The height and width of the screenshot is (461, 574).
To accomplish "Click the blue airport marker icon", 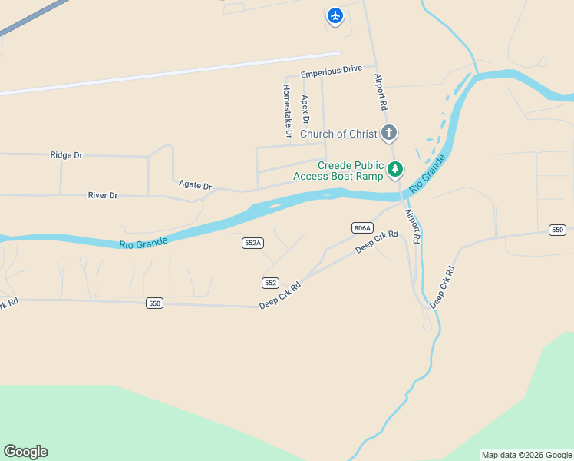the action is (335, 15).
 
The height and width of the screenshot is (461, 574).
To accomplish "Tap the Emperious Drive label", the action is (332, 70).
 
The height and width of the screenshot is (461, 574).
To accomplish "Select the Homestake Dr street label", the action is (287, 111).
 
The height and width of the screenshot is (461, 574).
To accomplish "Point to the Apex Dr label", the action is (305, 110).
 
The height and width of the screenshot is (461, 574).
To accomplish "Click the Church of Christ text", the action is (338, 134).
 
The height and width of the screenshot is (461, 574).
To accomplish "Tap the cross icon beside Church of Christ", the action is (389, 133).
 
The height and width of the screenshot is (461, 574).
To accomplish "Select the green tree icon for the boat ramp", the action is (395, 169).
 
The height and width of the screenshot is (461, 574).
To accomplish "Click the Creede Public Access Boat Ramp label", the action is (338, 171).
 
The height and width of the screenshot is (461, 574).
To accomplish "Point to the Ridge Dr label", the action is (66, 155).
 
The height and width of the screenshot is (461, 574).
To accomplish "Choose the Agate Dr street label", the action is (195, 185).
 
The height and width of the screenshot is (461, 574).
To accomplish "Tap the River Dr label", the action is (103, 196).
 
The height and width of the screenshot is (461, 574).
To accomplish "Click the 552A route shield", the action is (252, 243).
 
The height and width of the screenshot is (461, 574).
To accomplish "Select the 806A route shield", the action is (362, 228).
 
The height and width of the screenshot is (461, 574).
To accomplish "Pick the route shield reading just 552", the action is (270, 283).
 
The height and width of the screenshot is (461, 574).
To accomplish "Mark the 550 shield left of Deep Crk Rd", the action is (155, 303).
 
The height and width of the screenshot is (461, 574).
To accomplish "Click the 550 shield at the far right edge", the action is (558, 230).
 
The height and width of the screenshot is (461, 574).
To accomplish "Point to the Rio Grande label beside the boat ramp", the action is (427, 174).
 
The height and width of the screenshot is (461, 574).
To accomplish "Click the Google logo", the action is (26, 452).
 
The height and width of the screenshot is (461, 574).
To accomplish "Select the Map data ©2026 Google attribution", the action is (526, 455).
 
